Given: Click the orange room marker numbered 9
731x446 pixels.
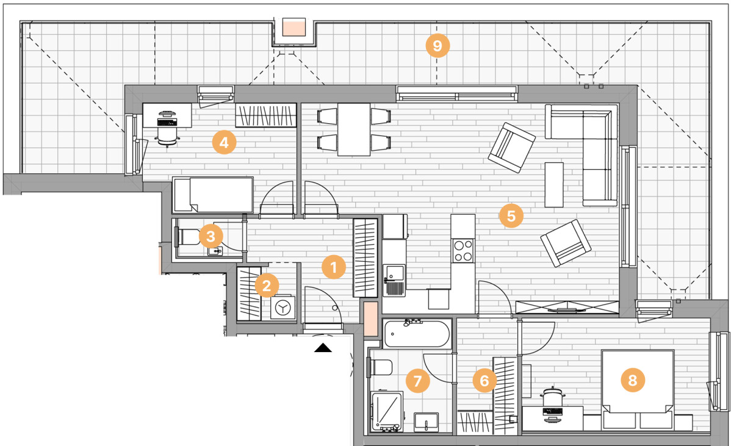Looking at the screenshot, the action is coord(438,46).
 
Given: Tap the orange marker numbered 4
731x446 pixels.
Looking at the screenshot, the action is coord(224,142).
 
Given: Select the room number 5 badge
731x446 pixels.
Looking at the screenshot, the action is coord(511,216).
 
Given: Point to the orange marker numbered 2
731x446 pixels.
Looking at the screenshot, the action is coord(267,285).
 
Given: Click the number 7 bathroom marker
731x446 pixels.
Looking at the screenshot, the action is coord(417,381).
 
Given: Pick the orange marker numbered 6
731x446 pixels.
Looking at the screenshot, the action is coord(484,381).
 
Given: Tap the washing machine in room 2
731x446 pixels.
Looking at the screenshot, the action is coord(283,308).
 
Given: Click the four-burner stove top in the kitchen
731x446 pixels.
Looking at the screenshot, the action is coord(463,251).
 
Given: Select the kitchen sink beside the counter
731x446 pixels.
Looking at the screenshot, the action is coord(395,279).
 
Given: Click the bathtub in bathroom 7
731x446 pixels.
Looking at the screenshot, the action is coord(416,333).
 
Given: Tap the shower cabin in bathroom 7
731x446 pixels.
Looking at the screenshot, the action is coord(386,411).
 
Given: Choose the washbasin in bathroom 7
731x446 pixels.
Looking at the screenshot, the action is coord(426,423).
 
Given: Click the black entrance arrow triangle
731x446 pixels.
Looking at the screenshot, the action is coord(323,348).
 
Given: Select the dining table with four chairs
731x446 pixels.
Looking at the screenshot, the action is coord(354,129).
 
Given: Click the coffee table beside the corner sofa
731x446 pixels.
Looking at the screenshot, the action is coord(554,184).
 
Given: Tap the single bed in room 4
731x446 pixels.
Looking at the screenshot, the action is coord(212,195).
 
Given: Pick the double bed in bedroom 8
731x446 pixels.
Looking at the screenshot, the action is coord(638,389).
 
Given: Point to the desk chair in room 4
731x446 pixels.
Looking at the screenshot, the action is coord(167,135).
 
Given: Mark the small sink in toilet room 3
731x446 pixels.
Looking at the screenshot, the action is coord(215,251).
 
